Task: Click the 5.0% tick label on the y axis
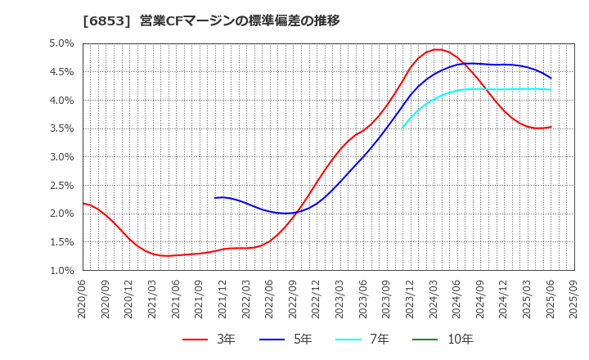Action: pos(62,43)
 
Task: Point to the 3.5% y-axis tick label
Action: pos(62,128)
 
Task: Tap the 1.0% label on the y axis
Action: pos(62,270)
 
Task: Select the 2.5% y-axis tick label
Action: pos(62,185)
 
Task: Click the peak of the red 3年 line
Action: pos(438,49)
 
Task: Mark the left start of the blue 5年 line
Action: pos(215,198)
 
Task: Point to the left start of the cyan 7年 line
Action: pos(402,128)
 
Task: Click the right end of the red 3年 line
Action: pos(551,127)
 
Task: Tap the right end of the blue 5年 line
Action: pos(551,78)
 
